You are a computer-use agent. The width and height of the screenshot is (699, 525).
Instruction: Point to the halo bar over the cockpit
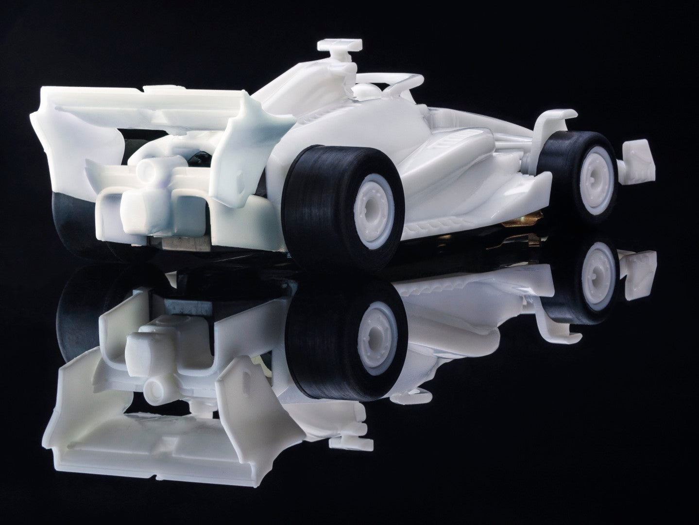[x=389, y=79]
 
